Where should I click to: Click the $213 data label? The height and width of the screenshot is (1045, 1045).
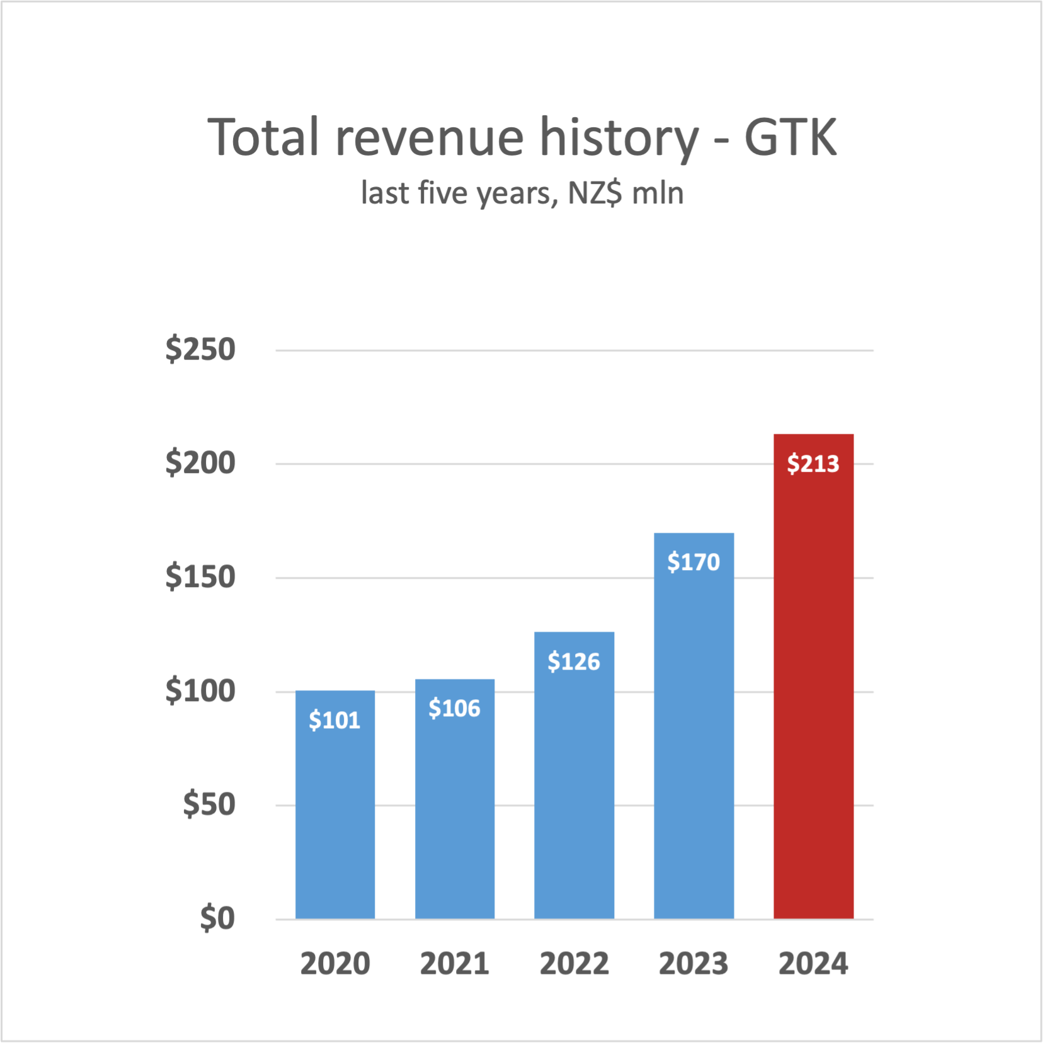pos(813,464)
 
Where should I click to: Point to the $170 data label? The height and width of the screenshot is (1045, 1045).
pos(694,562)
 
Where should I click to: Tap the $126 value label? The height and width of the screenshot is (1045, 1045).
pos(574,661)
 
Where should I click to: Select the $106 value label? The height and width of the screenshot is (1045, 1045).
pos(455,709)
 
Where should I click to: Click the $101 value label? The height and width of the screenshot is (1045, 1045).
pos(334,720)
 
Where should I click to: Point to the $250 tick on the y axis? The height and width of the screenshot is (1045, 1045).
pos(200,350)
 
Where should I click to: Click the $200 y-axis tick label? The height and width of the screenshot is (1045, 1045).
pos(200,464)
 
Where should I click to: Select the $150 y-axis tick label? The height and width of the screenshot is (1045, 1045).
pos(200,577)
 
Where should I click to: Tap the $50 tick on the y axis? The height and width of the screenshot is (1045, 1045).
pos(209,805)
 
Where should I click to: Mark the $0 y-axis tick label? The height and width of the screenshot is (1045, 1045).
pos(217,918)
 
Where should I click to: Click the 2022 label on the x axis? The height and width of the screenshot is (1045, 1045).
pos(574,964)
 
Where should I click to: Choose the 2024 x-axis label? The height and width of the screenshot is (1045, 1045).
pos(813,964)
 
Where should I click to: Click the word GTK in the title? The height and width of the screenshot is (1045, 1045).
pos(791,137)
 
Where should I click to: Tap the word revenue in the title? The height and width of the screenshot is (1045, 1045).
pos(430,137)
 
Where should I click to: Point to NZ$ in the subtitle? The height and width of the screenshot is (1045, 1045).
pos(595,193)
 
